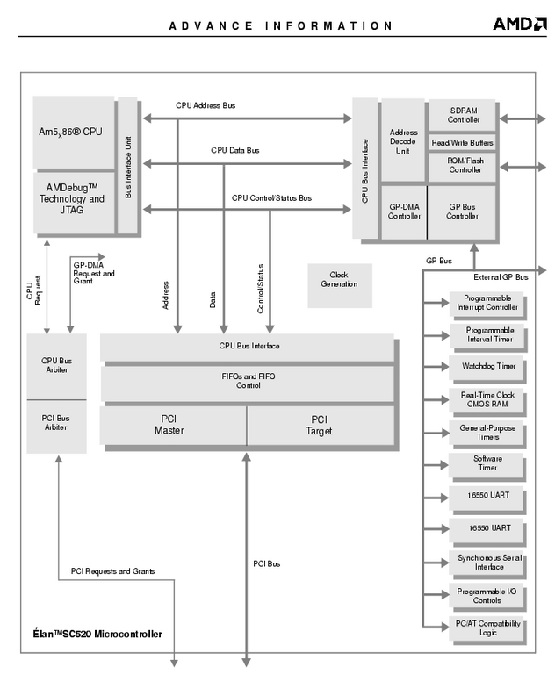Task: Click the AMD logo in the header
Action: click(x=519, y=24)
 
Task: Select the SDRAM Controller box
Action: click(x=465, y=114)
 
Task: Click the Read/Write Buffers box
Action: click(x=462, y=142)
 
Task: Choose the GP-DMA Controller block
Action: click(x=404, y=212)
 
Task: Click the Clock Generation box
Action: click(x=339, y=285)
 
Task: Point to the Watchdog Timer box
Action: click(x=488, y=365)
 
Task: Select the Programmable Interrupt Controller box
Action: click(x=487, y=303)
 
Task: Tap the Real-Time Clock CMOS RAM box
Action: click(x=487, y=400)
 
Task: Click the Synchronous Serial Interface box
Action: click(x=488, y=562)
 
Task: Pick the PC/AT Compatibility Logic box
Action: click(x=488, y=628)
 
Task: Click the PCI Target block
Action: click(x=320, y=425)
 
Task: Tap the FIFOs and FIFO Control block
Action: click(x=248, y=381)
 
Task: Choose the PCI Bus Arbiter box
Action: click(x=56, y=423)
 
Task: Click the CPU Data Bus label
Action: click(x=234, y=150)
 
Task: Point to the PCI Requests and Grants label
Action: click(x=112, y=572)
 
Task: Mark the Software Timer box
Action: click(x=487, y=462)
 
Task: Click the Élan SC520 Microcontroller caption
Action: click(x=92, y=634)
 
